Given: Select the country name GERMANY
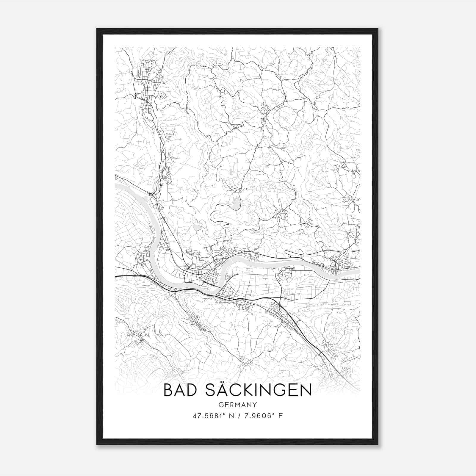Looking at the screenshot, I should (237, 405).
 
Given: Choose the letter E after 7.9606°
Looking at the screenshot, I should (281, 416).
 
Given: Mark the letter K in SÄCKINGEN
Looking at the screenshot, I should (245, 390).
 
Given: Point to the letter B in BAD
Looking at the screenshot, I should (168, 390).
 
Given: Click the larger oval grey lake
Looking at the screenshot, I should (237, 204).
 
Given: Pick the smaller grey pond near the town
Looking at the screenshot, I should (197, 228).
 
